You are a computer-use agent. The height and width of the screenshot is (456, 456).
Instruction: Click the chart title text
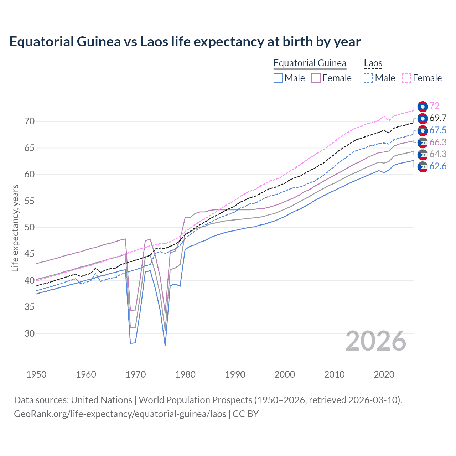[x=185, y=42]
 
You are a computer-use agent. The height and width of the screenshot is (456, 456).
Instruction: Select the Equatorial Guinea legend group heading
[x=310, y=63]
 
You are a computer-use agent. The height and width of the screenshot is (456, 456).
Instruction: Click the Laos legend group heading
[x=373, y=63]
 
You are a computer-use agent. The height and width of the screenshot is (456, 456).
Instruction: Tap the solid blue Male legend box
[x=278, y=78]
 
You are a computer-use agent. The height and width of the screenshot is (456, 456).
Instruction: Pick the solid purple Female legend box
[x=316, y=78]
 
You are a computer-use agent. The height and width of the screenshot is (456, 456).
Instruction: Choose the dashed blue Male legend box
[x=368, y=78]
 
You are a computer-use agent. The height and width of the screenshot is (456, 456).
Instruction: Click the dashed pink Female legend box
[x=406, y=78]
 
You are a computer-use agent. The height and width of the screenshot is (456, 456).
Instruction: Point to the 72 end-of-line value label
[x=434, y=106]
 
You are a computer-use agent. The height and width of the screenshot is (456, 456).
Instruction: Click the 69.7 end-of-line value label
[x=437, y=118]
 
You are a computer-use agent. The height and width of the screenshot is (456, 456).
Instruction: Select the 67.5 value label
[x=437, y=130]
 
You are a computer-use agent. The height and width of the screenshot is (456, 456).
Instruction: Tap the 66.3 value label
[x=437, y=142]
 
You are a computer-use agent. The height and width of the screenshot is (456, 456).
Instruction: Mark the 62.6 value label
[x=437, y=166]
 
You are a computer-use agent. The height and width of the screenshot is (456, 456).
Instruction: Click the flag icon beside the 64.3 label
[x=423, y=154]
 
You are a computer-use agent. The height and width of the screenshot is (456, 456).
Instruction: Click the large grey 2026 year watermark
[x=375, y=341]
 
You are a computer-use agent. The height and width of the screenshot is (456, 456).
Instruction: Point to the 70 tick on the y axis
[x=30, y=121]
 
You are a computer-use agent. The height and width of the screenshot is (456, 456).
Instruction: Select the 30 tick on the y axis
[x=30, y=333]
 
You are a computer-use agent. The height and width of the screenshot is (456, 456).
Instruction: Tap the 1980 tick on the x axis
[x=185, y=374]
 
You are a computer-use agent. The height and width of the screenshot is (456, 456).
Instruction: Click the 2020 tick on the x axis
[x=384, y=374]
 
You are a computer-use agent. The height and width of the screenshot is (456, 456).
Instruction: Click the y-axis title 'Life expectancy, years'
[x=15, y=228]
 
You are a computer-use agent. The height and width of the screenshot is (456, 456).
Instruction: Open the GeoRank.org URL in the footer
[x=120, y=414]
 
